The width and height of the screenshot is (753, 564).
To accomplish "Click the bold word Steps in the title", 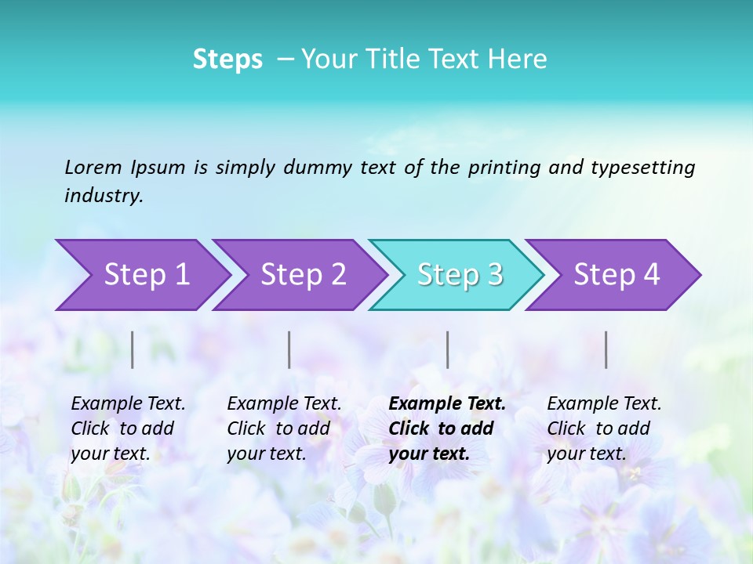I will click(x=227, y=60).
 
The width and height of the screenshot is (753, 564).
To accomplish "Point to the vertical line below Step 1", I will click(x=133, y=349).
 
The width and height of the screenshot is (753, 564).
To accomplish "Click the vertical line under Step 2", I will click(x=289, y=349).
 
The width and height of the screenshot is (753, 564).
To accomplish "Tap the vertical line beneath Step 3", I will click(x=447, y=349).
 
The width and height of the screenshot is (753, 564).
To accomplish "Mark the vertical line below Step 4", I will click(x=606, y=349).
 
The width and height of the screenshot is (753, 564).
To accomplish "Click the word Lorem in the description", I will click(x=93, y=168).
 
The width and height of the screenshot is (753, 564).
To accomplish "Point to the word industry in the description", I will click(x=103, y=196).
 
